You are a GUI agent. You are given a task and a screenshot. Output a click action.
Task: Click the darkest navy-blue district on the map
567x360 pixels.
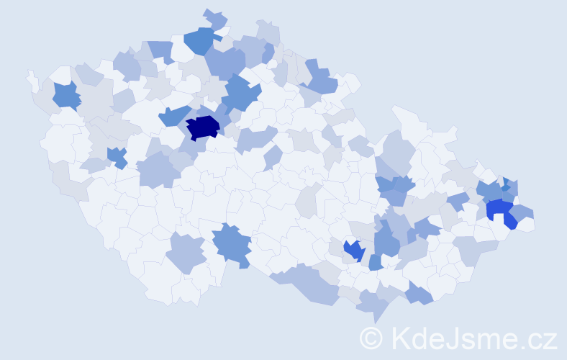pos(203,127)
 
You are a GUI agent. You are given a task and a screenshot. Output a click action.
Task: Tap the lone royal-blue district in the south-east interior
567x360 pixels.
pos(354,250)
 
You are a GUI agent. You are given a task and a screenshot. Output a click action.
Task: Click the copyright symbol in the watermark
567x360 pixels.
pos(371,338)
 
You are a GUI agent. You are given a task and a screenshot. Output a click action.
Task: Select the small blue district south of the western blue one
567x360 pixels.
pos(117,156)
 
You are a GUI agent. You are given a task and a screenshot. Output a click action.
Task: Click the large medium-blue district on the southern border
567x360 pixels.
pos(232,243)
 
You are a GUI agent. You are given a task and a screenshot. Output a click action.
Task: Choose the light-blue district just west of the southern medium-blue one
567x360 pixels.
pos(186,252)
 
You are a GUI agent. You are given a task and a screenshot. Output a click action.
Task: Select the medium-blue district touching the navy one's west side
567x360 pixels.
pos(172,116)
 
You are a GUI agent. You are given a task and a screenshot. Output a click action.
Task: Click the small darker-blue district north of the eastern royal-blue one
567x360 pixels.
pos(506,186)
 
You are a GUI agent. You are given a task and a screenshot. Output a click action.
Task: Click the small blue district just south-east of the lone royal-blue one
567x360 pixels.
pos(376,261)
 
